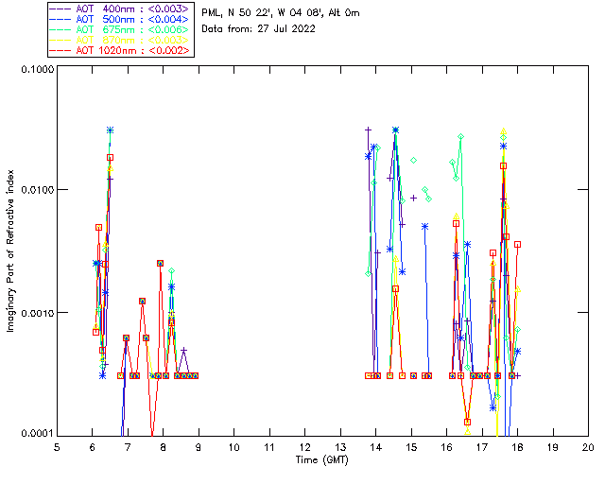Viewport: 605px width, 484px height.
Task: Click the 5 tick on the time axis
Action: pyautogui.click(x=57, y=446)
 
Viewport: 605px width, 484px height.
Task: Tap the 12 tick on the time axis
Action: pyautogui.click(x=304, y=446)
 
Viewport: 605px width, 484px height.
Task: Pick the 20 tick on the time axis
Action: pyautogui.click(x=588, y=446)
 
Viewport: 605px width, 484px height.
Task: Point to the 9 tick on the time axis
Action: pyautogui.click(x=199, y=446)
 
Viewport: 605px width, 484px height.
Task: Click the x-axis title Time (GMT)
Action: pyautogui.click(x=321, y=459)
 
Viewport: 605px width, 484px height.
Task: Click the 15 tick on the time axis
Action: pyautogui.click(x=411, y=446)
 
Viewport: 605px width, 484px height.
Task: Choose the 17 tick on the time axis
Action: pyautogui.click(x=482, y=446)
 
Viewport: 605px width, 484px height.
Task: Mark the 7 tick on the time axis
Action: pyautogui.click(x=128, y=446)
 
